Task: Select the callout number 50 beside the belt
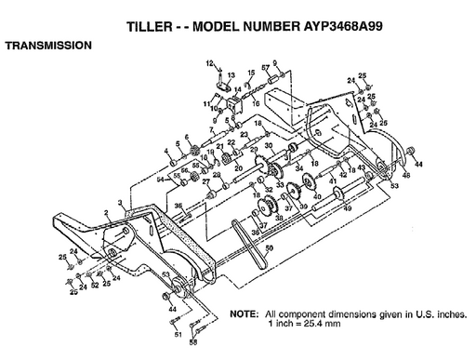point(270,248)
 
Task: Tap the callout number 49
point(347,207)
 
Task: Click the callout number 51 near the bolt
point(176,333)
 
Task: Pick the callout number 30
point(270,147)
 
